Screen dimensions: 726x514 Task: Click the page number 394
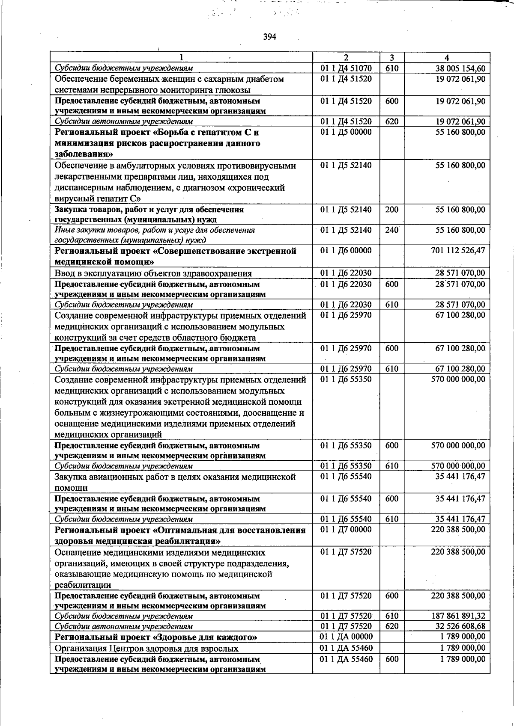click(x=269, y=37)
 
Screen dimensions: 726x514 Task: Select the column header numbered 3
click(x=391, y=58)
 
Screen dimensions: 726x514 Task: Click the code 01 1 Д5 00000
click(x=346, y=132)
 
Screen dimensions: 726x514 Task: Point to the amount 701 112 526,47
click(x=458, y=250)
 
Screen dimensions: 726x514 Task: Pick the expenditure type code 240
click(x=391, y=230)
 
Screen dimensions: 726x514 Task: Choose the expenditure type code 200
click(x=391, y=210)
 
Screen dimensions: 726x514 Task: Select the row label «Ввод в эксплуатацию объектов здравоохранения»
click(x=153, y=273)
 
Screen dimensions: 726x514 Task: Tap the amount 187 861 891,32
click(x=458, y=616)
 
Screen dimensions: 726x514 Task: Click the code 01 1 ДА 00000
click(x=346, y=637)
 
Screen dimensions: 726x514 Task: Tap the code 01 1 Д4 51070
click(x=346, y=68)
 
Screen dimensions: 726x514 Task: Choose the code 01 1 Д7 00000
click(x=346, y=530)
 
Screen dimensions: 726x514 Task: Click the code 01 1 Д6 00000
click(x=346, y=251)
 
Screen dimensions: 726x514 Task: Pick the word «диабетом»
click(x=266, y=79)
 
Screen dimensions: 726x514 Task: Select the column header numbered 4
click(x=447, y=58)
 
